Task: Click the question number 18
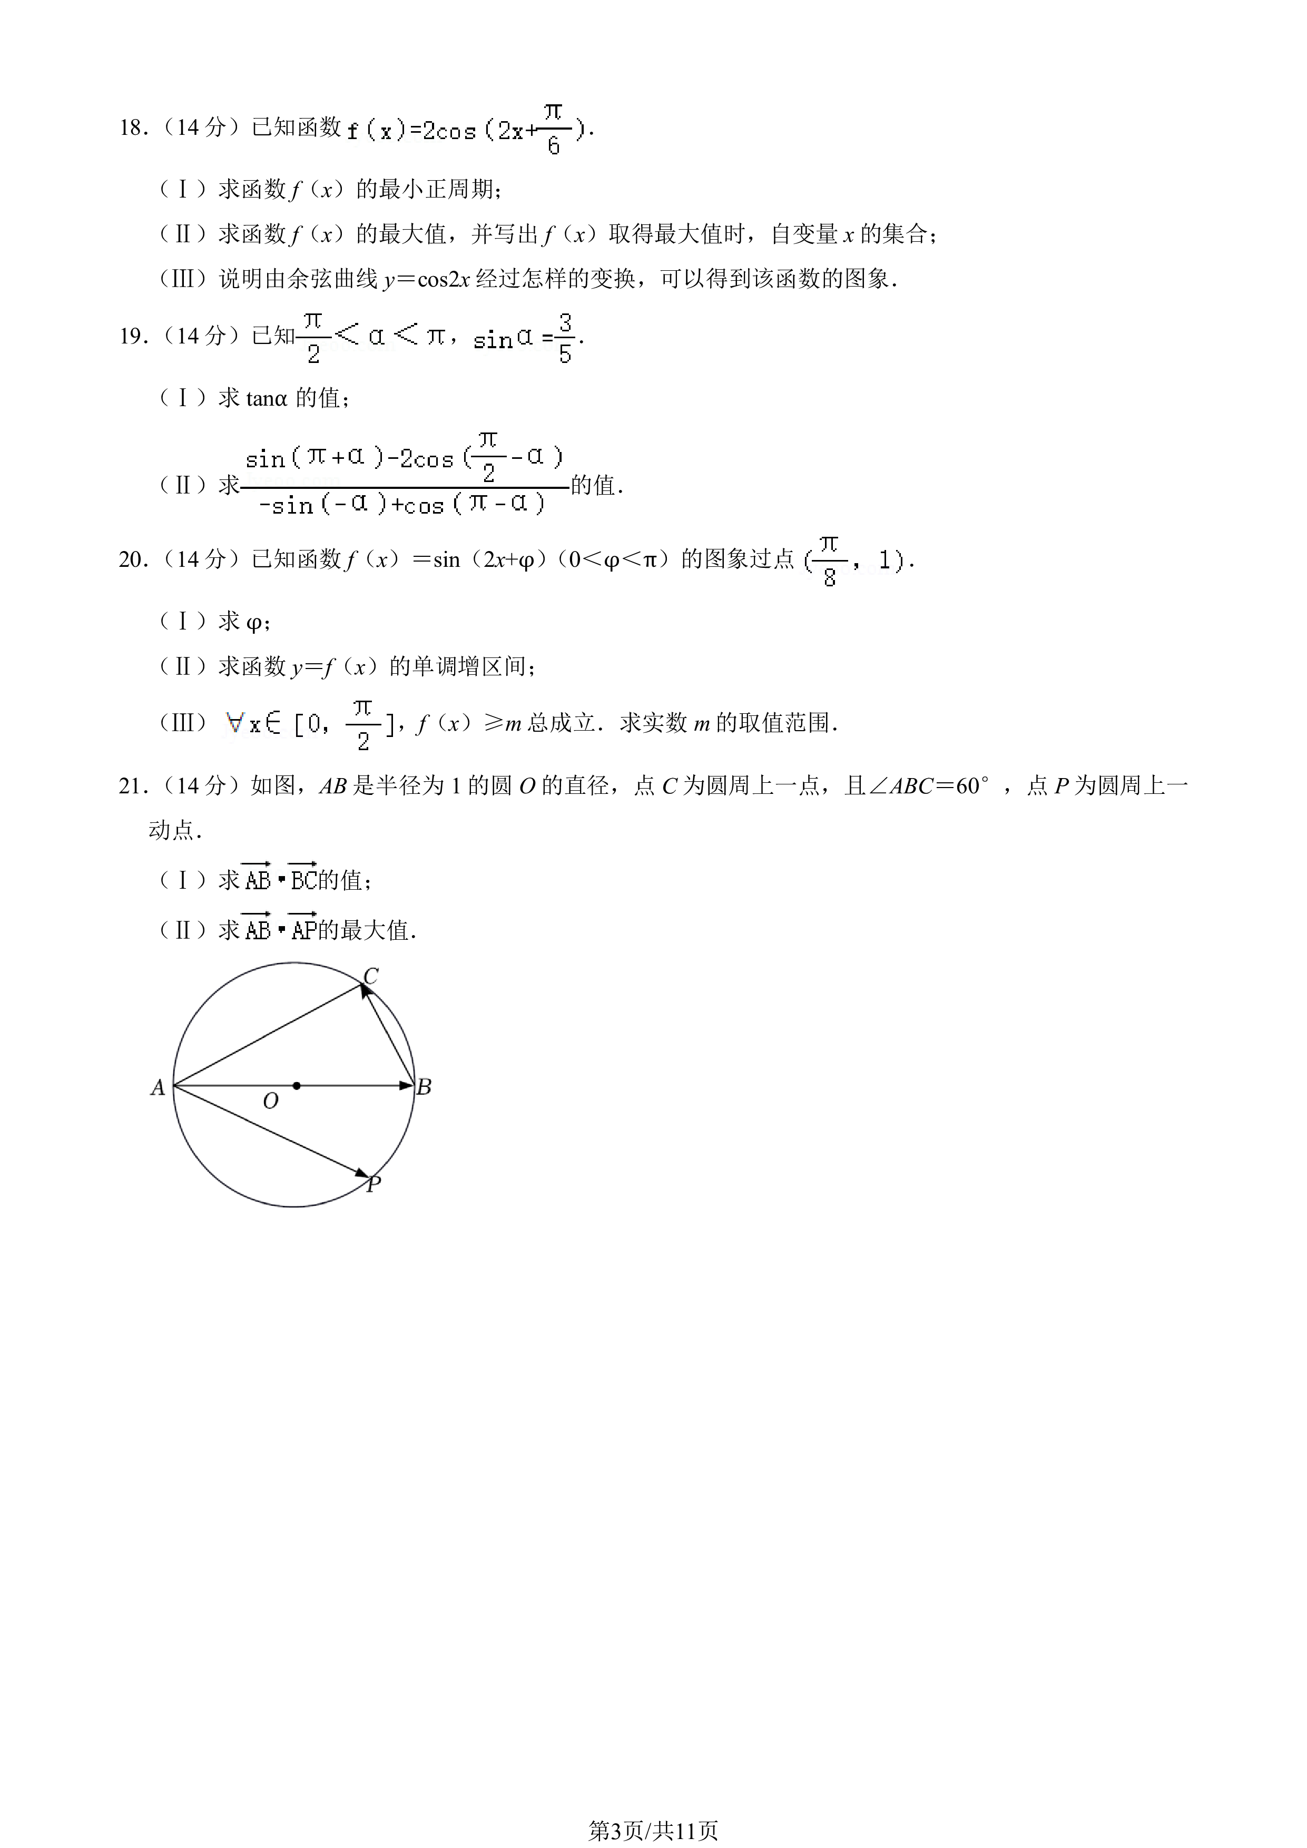[132, 128]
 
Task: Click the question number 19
[132, 337]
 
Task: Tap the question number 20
[132, 559]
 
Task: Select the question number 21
[132, 785]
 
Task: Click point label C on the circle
[370, 976]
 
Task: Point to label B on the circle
[424, 1087]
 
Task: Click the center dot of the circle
[297, 1086]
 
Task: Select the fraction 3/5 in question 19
[565, 339]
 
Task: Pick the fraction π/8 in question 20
[830, 561]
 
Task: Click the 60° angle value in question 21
[972, 785]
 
